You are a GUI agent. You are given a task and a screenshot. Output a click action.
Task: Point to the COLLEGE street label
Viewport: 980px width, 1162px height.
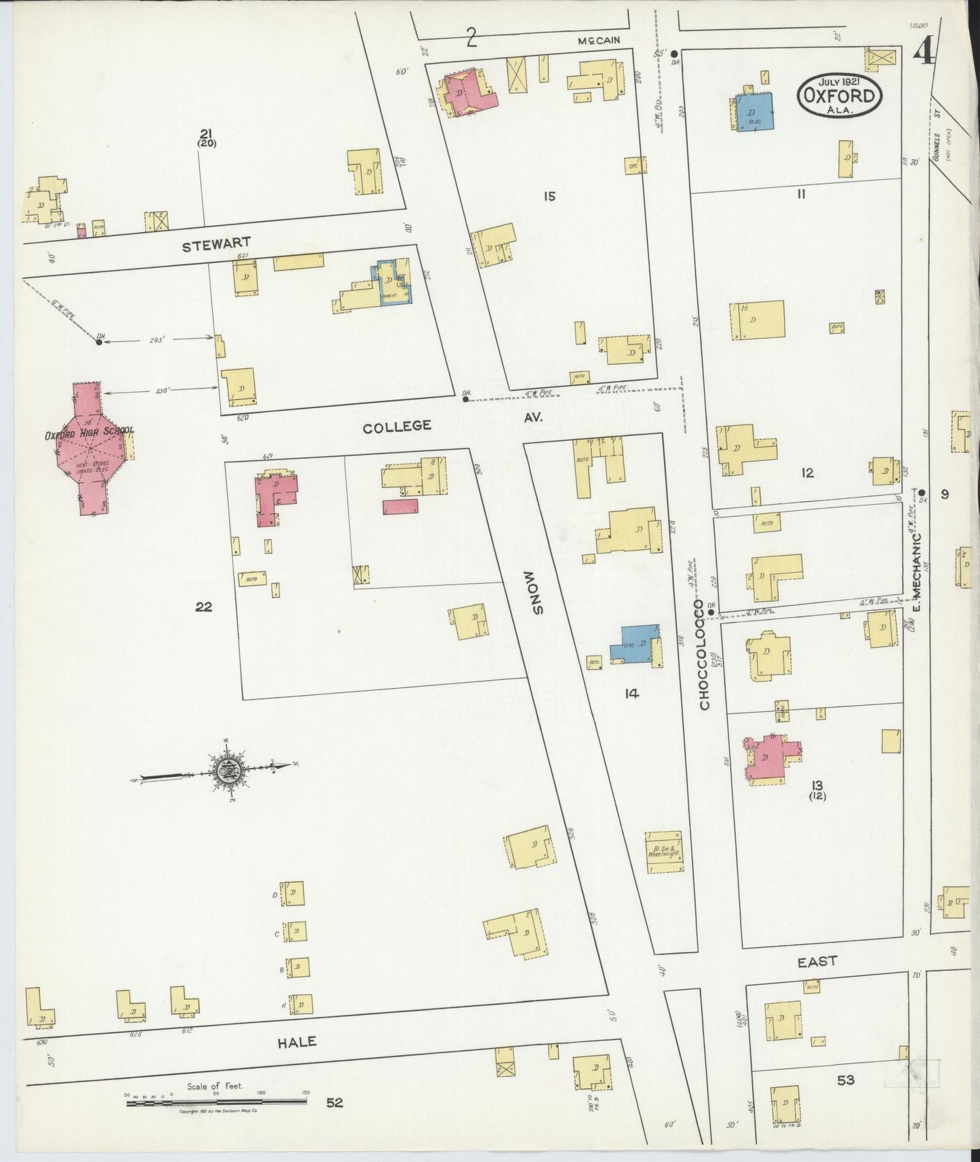tap(397, 426)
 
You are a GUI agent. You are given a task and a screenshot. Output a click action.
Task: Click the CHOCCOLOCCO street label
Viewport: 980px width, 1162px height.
tap(704, 654)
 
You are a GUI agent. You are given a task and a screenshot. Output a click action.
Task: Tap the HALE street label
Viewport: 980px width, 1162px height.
tap(297, 1042)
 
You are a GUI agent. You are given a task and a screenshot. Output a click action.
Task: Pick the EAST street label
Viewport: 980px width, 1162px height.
tap(817, 961)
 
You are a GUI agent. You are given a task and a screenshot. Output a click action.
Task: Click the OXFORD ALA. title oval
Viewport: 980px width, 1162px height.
tap(840, 97)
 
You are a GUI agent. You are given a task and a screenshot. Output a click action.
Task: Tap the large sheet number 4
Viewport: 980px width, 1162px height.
tap(924, 51)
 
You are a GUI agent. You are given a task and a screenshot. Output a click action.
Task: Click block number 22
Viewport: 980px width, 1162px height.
tap(203, 607)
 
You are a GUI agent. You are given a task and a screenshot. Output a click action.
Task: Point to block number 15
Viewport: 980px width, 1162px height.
tap(549, 197)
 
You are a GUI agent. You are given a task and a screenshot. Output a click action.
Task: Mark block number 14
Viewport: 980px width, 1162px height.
tap(632, 694)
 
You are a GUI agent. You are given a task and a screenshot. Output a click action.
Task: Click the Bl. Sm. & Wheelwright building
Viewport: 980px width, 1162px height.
tap(663, 852)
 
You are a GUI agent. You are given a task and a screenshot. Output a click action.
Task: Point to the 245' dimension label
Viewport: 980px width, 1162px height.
tap(157, 341)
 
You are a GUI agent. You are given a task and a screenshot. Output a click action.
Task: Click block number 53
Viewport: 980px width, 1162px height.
tap(845, 1080)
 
